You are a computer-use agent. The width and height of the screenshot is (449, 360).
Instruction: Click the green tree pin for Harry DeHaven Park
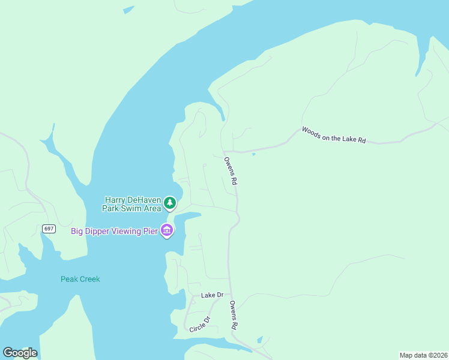(170, 203)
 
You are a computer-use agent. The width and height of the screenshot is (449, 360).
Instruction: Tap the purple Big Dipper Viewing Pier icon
(167, 230)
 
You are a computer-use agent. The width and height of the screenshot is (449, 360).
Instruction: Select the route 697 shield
(49, 229)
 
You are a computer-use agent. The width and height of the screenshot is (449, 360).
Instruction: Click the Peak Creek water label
(80, 279)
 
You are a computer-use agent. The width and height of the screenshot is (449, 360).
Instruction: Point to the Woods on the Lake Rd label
(334, 135)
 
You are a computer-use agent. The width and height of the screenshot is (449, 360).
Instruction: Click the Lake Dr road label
(212, 295)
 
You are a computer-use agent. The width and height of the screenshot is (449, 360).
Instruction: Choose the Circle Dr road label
(200, 325)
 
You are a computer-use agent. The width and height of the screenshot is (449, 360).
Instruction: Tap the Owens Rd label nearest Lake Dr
(234, 314)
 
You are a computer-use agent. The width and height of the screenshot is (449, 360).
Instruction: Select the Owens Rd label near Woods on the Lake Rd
(231, 170)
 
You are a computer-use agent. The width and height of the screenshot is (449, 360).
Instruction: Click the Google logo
(20, 353)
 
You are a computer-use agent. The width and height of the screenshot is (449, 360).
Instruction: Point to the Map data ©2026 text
(423, 355)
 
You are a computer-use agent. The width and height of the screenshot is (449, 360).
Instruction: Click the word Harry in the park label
(116, 200)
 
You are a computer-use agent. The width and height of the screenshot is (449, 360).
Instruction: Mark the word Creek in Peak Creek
(90, 279)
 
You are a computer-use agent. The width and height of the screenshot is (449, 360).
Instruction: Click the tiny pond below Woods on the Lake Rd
(254, 154)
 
